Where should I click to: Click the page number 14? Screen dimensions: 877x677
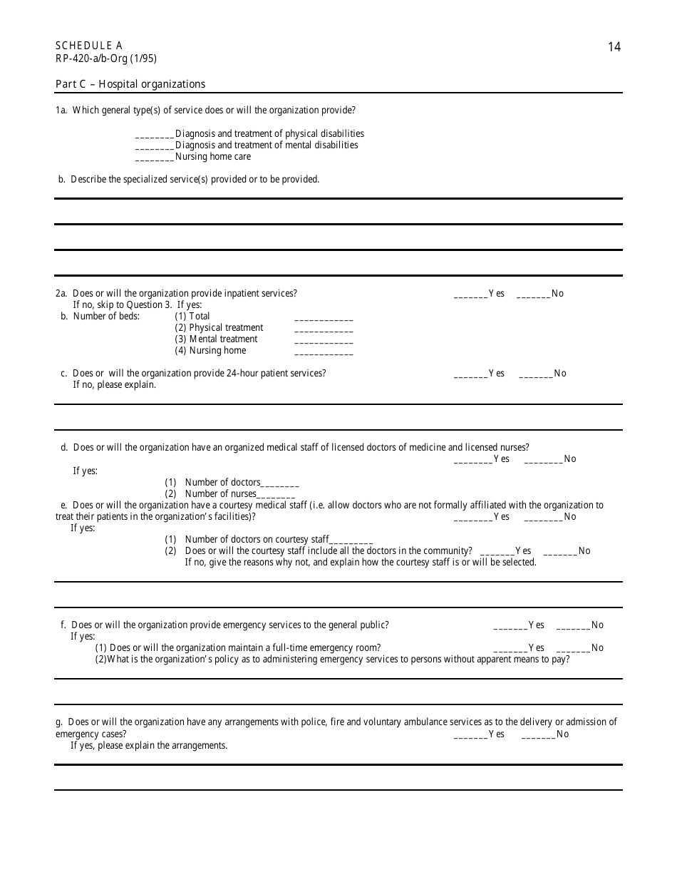(614, 48)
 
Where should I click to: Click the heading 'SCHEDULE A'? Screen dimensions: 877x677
(89, 46)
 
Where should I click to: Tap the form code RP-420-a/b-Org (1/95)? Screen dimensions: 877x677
(106, 58)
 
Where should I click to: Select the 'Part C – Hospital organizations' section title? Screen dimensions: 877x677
(130, 84)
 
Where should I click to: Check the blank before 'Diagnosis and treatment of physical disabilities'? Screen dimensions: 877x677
(155, 135)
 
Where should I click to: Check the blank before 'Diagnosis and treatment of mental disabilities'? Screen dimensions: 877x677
(155, 146)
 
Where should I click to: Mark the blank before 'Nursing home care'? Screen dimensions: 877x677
(155, 158)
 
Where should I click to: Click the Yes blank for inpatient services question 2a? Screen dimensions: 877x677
(470, 294)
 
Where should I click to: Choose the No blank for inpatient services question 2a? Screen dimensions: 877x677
(533, 294)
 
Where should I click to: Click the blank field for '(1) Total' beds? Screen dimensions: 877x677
(323, 317)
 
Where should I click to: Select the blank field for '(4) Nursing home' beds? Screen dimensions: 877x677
(323, 352)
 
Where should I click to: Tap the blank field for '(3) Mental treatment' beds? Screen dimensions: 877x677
(323, 340)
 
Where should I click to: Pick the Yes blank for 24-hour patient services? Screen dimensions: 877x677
(470, 374)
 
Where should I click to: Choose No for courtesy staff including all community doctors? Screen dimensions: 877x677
(560, 552)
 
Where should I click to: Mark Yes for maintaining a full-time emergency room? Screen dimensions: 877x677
(510, 649)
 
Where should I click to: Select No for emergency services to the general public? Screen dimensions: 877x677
(573, 626)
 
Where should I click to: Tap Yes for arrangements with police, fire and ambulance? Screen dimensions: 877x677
(470, 735)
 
